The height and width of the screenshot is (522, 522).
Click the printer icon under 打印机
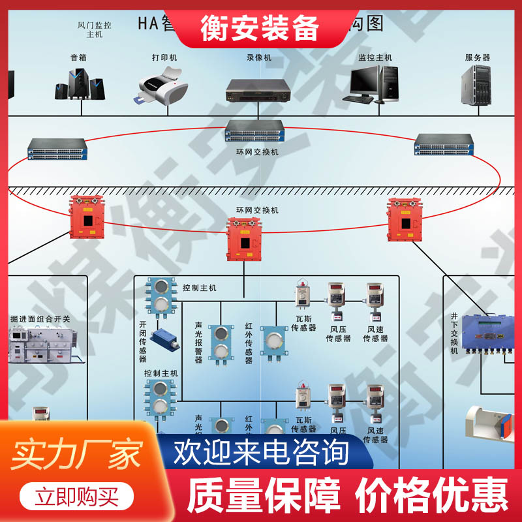coord(163,88)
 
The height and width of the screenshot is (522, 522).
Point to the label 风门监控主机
coord(95,30)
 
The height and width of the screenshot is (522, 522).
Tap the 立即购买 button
coord(77,498)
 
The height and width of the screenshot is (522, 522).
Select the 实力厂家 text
coord(77,455)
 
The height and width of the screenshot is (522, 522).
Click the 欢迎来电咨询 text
coord(261,452)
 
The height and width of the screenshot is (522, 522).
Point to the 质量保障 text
coord(264,496)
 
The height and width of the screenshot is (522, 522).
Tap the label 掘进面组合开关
coord(40,319)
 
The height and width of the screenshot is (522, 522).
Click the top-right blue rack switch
coord(444,144)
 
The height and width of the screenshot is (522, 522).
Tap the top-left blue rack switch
coord(57,149)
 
